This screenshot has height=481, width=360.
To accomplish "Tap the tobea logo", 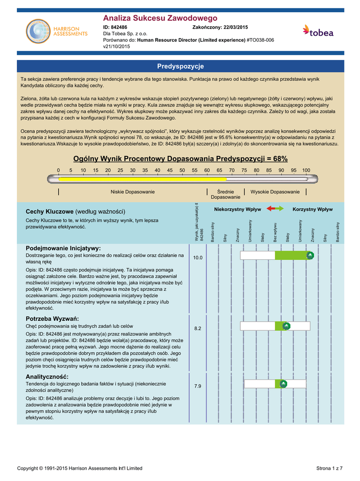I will [318, 31].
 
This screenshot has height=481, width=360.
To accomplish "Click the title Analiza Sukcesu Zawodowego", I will [160, 18].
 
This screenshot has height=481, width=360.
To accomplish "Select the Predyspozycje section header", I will [180, 66].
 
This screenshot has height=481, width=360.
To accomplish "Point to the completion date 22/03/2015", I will [235, 28].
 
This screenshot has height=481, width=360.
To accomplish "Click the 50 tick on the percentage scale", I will [182, 170].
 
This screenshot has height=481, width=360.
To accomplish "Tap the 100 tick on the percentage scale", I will [306, 170].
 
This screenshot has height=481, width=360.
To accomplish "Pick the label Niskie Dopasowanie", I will [132, 192].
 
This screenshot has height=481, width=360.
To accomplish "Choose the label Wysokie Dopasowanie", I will [275, 192].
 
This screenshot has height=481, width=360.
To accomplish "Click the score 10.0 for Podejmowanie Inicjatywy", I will [198, 258].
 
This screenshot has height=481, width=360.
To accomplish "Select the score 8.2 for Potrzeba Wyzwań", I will [198, 328].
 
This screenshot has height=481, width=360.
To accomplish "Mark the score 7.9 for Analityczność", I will [198, 386].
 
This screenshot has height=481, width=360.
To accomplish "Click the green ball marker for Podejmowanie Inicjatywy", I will [310, 255].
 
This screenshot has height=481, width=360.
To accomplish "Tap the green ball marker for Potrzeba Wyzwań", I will [286, 326].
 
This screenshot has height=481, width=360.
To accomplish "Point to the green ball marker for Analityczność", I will [283, 384].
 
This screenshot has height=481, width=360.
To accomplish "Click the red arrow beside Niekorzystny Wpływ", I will [270, 209].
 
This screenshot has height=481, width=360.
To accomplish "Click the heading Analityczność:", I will [47, 377].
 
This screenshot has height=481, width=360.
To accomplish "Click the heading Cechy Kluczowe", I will [49, 211].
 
